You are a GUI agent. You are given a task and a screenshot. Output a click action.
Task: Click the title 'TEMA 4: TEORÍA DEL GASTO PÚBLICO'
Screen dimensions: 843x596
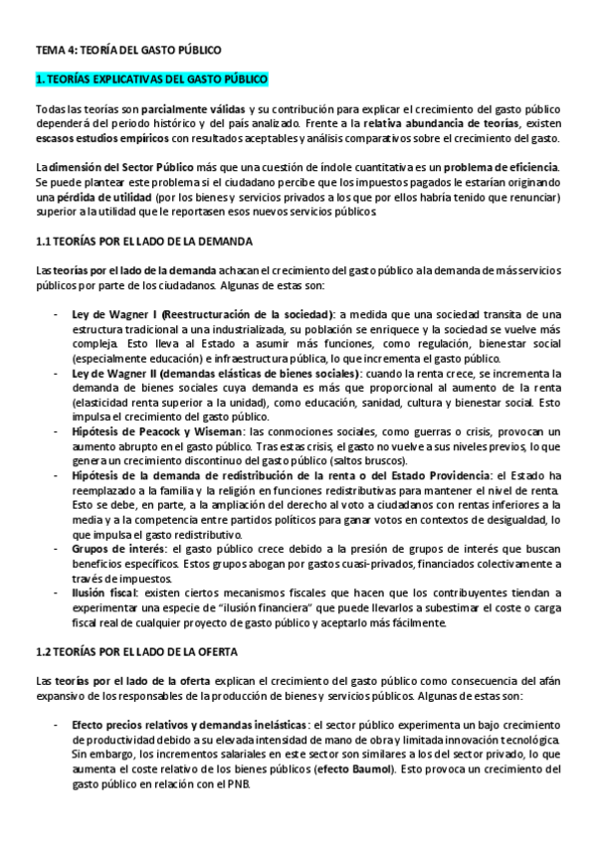coord(128,49)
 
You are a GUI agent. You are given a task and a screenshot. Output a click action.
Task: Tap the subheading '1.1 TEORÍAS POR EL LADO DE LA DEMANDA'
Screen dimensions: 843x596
coord(144,242)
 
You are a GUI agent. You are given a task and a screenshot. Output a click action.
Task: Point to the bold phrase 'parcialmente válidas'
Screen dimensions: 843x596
coord(194,107)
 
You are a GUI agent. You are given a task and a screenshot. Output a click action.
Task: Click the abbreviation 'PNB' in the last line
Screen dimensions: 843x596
coord(240,784)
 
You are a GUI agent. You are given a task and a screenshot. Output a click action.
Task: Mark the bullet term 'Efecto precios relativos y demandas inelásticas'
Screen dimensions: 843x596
coord(188,726)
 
